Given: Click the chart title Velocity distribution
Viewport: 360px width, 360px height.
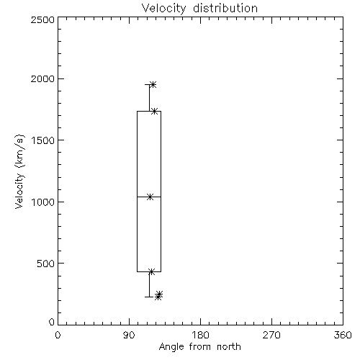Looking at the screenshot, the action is [x=199, y=9].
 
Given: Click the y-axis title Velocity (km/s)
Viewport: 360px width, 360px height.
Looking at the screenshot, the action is [x=19, y=171].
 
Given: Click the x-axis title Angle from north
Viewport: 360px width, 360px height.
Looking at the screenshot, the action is [x=199, y=347].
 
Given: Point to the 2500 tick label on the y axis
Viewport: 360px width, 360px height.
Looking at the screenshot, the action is [x=42, y=19].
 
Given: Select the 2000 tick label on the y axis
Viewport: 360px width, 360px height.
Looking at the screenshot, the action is [x=42, y=78].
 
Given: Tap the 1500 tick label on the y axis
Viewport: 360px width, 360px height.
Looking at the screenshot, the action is [x=43, y=140].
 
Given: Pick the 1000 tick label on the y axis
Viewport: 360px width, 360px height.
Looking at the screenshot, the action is [x=43, y=202].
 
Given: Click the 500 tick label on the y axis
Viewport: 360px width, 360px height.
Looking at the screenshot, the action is [x=46, y=264].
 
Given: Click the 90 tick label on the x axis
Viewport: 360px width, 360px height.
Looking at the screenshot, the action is [x=129, y=335].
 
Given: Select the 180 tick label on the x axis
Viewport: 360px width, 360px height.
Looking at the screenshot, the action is [x=200, y=335].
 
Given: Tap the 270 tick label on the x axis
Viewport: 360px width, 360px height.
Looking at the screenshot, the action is [x=271, y=335].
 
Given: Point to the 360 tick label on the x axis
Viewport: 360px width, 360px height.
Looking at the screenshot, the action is [x=343, y=335].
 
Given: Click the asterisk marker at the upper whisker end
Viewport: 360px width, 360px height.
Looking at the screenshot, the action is [x=153, y=84].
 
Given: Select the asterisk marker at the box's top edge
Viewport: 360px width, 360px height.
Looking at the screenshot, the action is [x=155, y=111].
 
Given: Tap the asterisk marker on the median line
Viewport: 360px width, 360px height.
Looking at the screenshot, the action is [x=150, y=197].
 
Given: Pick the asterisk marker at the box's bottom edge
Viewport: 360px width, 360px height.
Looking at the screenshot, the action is [x=151, y=271].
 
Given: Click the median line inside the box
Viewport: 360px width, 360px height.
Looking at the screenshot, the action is [x=149, y=197].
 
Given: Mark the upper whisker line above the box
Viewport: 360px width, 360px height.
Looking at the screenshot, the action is [x=149, y=98].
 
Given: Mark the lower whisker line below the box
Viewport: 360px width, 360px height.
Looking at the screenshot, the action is [x=149, y=284].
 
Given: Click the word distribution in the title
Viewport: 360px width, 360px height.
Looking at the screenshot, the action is [x=225, y=9].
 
